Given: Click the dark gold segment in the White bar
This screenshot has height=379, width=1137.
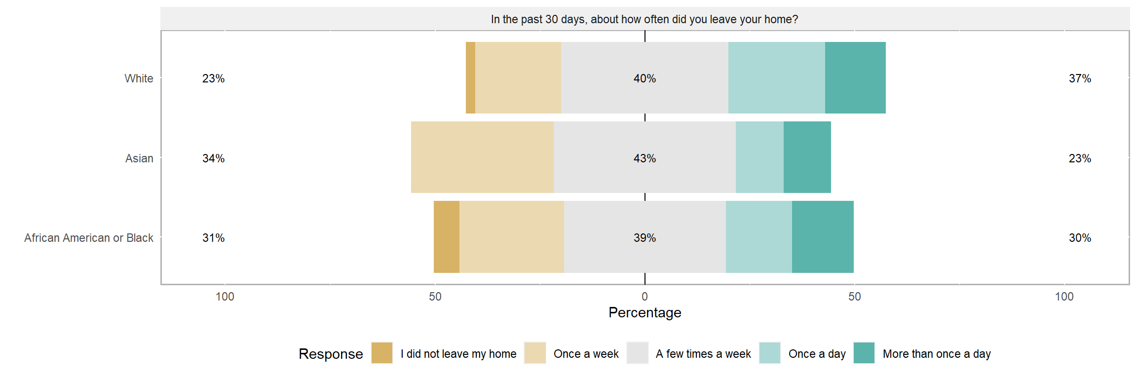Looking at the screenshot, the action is pos(470,78).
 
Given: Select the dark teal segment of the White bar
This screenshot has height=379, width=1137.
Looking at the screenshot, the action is pos(855,78).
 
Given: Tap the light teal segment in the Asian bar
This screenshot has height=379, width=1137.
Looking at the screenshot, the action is pos(759,157).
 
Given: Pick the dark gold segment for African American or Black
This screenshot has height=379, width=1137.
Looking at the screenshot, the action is pos(447,237).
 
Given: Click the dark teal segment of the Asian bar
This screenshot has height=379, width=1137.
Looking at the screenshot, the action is pos(807,157).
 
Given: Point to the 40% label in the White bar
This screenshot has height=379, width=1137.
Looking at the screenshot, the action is pos(644,78).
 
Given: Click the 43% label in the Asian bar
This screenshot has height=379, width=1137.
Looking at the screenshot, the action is pos(644,158).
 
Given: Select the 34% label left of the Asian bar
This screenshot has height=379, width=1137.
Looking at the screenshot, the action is pos(213,158).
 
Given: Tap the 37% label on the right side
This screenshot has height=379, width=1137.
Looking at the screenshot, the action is pos(1080,78).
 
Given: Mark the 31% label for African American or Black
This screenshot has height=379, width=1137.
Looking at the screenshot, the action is pos(213,238).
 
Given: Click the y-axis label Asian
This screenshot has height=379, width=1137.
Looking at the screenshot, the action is pos(139,158).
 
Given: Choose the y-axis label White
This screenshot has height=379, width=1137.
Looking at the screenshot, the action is pos(139,78).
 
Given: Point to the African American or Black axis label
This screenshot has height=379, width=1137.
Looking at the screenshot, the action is pos(89,238).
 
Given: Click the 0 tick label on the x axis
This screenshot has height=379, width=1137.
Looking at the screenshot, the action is pos(644,297).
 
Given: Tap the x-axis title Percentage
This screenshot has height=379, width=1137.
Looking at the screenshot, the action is pos(644,312).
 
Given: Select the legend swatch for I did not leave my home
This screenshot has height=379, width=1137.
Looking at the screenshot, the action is pos(382,353).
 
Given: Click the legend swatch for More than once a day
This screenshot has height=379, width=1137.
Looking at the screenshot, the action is pos(864,353).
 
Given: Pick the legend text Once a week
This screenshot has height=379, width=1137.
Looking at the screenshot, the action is pos(586,354).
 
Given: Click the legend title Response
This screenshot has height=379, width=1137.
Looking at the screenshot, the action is pos(331,354).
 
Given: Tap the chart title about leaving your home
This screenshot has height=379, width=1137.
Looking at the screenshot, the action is pos(644,19).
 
